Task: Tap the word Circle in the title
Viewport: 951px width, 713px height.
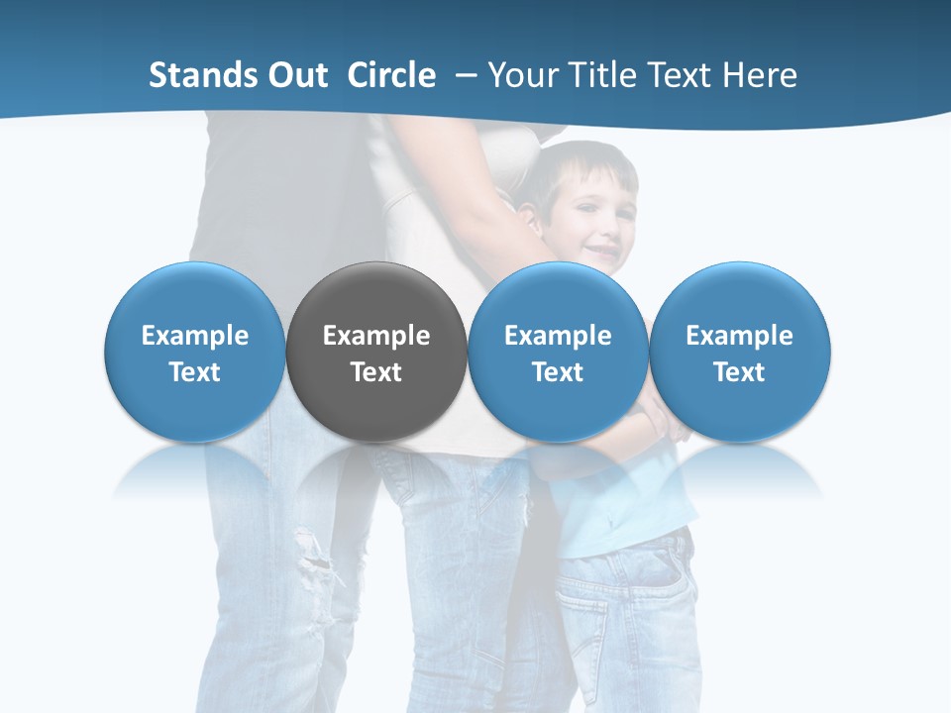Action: [391, 75]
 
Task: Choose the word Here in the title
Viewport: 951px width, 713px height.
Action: [760, 75]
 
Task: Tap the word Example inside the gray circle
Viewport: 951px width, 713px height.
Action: [376, 336]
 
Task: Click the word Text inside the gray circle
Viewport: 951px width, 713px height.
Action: [376, 372]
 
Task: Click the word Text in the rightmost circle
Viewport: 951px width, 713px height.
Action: [740, 372]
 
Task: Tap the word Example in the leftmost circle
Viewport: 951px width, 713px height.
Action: [194, 336]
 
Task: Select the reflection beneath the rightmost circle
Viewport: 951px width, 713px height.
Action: [740, 475]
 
